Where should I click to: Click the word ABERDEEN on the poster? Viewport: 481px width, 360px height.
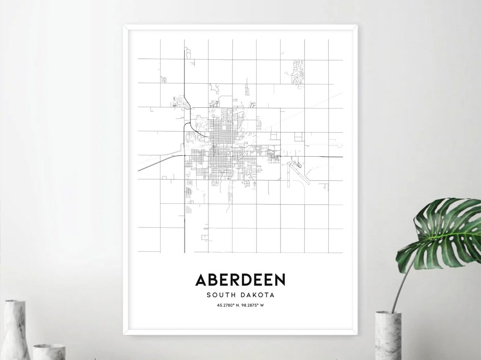(240, 280)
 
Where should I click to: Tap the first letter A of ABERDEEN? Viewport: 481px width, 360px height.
(201, 280)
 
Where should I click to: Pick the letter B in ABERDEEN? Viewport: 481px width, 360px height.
(213, 280)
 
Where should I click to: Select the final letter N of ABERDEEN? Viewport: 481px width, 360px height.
(280, 280)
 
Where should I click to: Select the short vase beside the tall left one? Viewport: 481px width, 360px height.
(49, 352)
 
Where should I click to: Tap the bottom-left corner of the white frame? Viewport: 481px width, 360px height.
(125, 333)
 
